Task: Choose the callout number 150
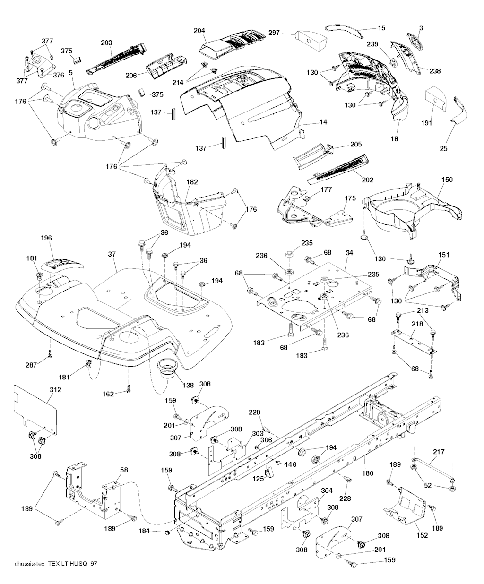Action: (447, 180)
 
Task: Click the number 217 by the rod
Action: (439, 452)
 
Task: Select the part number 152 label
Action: (422, 535)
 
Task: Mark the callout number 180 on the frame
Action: (368, 472)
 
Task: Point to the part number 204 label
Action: (199, 31)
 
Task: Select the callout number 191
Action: (427, 110)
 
